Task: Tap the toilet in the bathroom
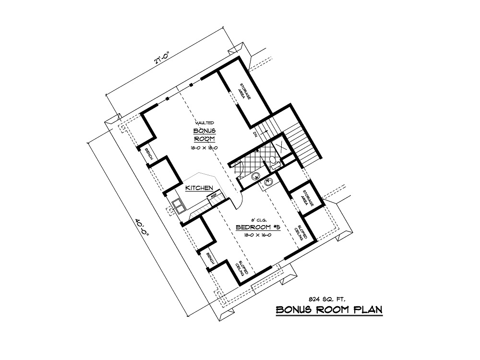(272, 161)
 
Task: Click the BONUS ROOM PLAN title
(329, 310)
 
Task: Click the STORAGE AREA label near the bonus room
(242, 92)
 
